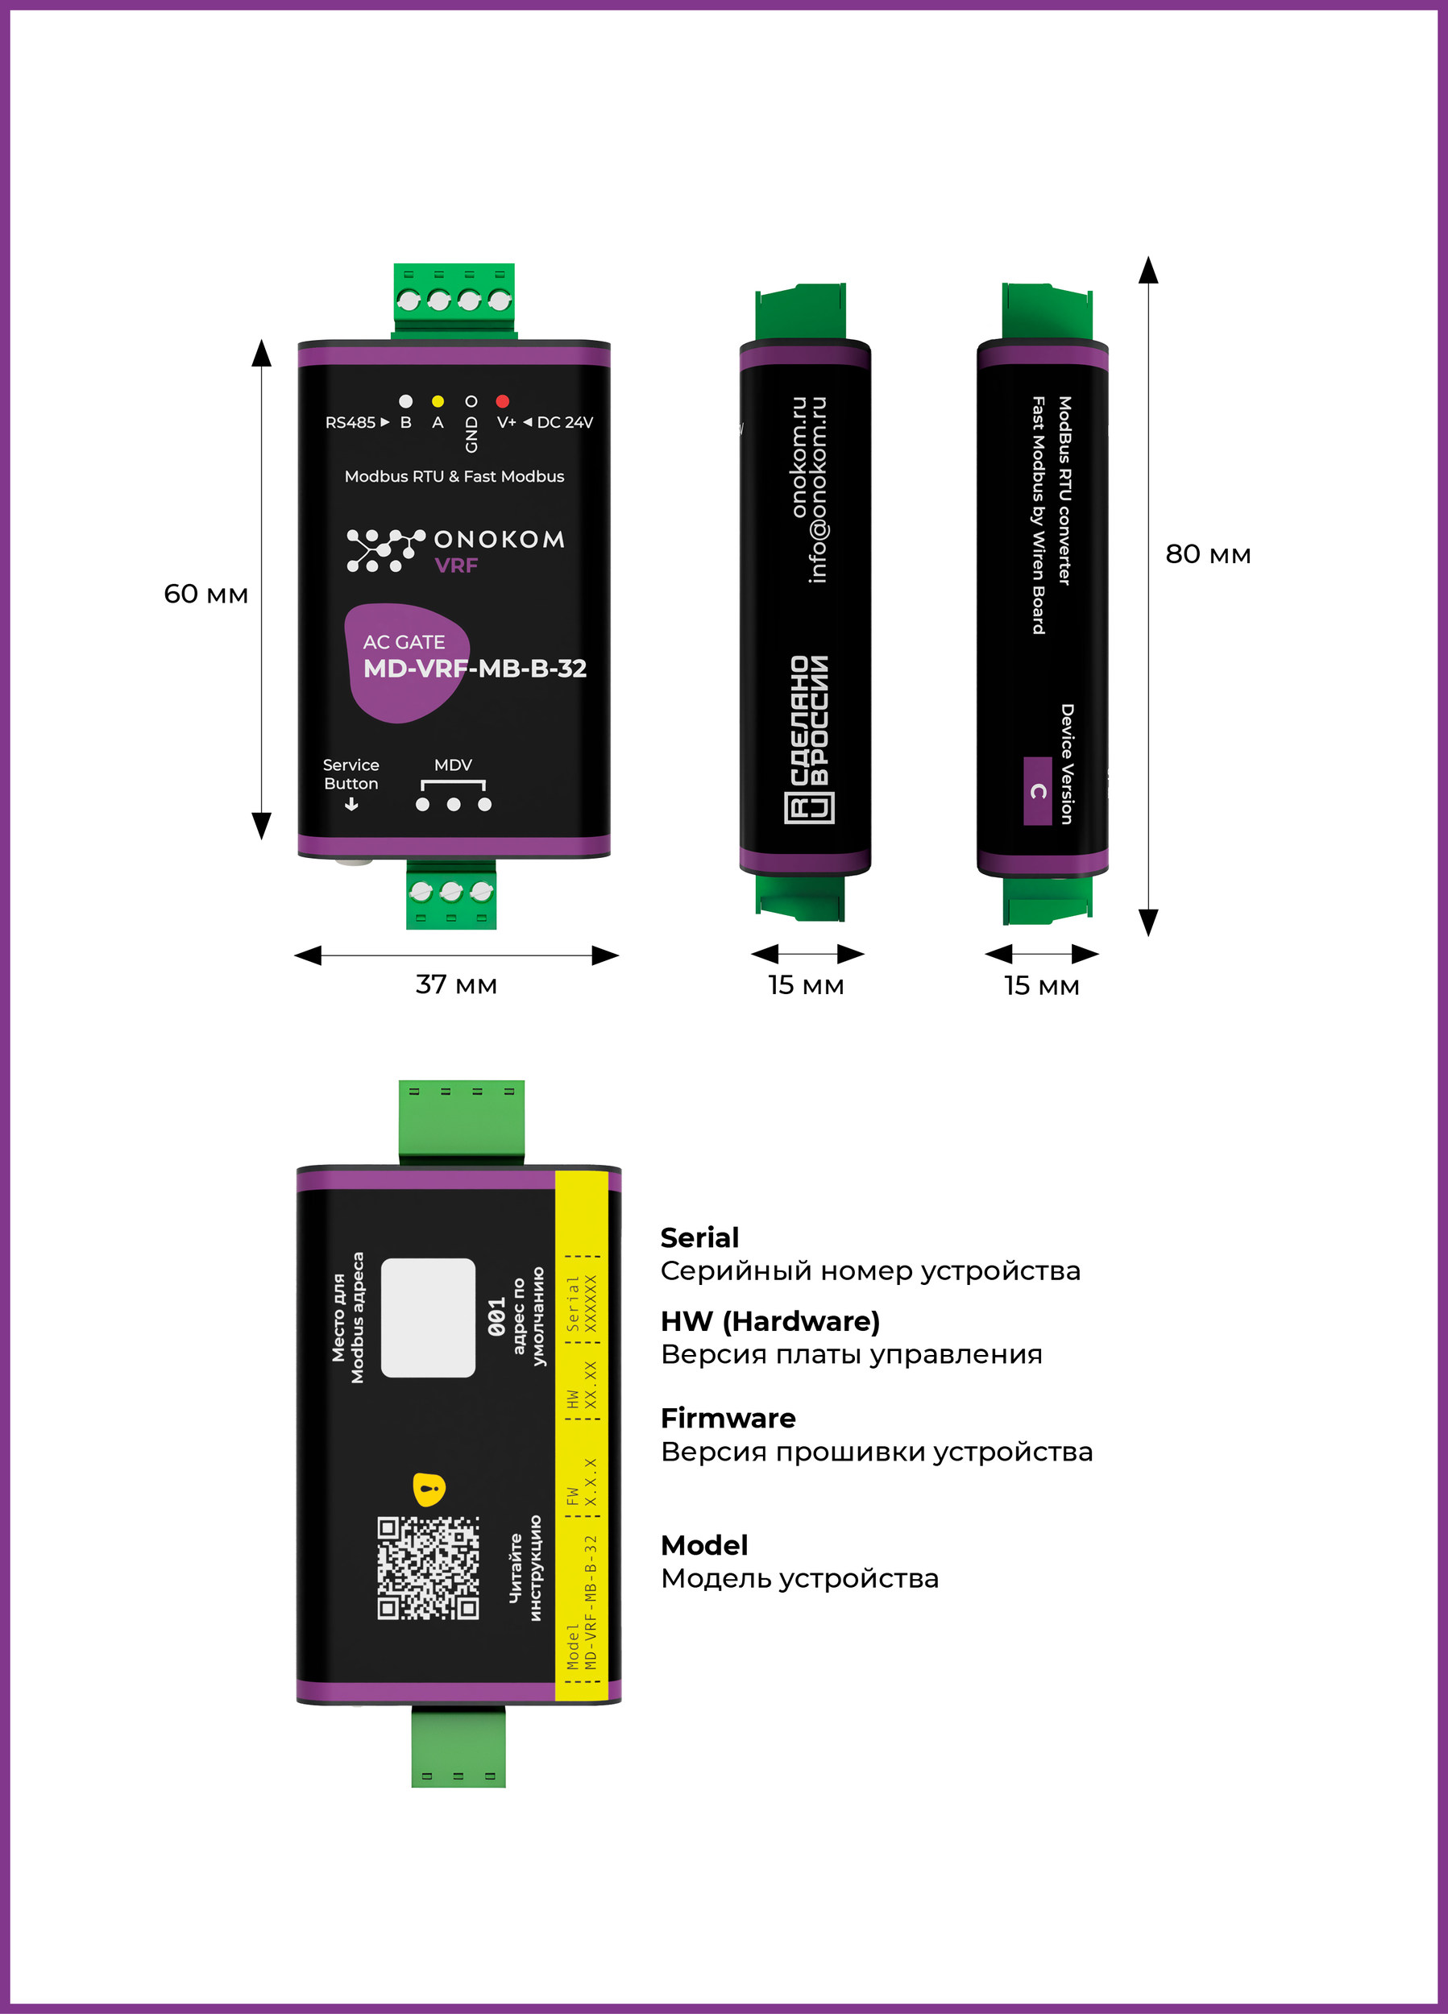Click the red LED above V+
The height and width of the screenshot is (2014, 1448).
pyautogui.click(x=502, y=401)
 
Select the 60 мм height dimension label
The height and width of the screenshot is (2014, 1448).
pyautogui.click(x=206, y=594)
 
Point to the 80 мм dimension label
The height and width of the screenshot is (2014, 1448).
pyautogui.click(x=1208, y=554)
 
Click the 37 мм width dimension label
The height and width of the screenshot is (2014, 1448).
pyautogui.click(x=457, y=984)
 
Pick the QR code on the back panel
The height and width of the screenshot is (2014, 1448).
pyautogui.click(x=428, y=1569)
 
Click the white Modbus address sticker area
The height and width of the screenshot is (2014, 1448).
pyautogui.click(x=428, y=1318)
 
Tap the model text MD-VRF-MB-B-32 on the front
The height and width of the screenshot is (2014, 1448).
pyautogui.click(x=475, y=668)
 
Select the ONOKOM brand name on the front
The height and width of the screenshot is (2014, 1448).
pyautogui.click(x=500, y=539)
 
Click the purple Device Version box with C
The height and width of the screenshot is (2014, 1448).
pyautogui.click(x=1038, y=791)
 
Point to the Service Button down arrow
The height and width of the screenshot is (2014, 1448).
pyautogui.click(x=352, y=805)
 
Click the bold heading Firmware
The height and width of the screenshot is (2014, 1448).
pyautogui.click(x=728, y=1418)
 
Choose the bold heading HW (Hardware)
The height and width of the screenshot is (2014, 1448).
pyautogui.click(x=770, y=1321)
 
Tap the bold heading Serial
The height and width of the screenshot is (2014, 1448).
pyautogui.click(x=700, y=1238)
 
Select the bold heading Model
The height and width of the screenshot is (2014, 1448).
pyautogui.click(x=704, y=1546)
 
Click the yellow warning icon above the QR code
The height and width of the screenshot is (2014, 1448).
pyautogui.click(x=429, y=1490)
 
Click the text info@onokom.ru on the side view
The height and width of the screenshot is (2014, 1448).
pyautogui.click(x=817, y=490)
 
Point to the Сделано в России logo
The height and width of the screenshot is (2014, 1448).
pyautogui.click(x=809, y=739)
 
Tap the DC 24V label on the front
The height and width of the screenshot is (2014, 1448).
pyautogui.click(x=565, y=423)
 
